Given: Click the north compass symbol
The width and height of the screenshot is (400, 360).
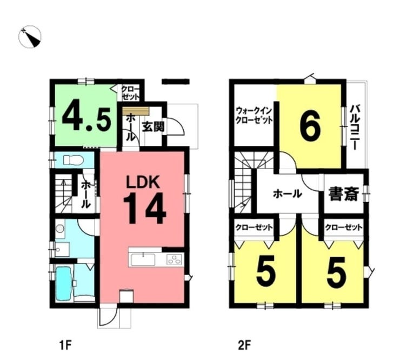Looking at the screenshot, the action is pyautogui.click(x=30, y=37).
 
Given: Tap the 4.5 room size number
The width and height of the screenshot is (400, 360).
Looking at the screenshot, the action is pyautogui.click(x=86, y=119).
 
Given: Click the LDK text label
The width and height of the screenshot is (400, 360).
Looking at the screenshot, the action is pyautogui.click(x=144, y=182).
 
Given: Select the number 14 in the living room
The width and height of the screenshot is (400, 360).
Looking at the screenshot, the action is pyautogui.click(x=145, y=208).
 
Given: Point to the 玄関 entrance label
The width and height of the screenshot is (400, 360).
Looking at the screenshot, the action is pyautogui.click(x=153, y=126).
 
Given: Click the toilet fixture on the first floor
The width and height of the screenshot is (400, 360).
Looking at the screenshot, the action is pyautogui.click(x=74, y=161).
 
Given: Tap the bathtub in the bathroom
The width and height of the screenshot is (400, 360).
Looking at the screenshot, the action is pyautogui.click(x=64, y=284).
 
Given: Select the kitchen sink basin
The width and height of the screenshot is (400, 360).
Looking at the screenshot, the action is pyautogui.click(x=143, y=260).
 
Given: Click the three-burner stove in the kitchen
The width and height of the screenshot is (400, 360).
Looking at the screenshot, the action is pyautogui.click(x=175, y=260).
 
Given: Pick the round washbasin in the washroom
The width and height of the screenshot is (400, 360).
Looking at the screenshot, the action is pyautogui.click(x=60, y=229).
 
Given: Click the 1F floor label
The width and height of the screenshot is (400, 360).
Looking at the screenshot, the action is pyautogui.click(x=65, y=346).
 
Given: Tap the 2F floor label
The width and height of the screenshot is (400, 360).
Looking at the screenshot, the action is pyautogui.click(x=244, y=346).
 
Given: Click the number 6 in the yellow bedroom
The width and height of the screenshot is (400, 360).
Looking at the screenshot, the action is pyautogui.click(x=310, y=128).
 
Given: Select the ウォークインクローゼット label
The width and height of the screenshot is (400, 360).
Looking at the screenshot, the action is pyautogui.click(x=254, y=116).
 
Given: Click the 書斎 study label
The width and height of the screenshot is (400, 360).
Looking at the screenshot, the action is pyautogui.click(x=344, y=194).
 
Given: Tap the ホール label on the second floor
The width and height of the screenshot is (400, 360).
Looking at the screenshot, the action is pyautogui.click(x=288, y=194).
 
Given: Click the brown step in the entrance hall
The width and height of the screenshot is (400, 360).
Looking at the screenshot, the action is pyautogui.click(x=136, y=111).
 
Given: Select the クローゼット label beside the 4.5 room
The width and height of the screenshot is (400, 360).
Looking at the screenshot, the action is pyautogui.click(x=131, y=93).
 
